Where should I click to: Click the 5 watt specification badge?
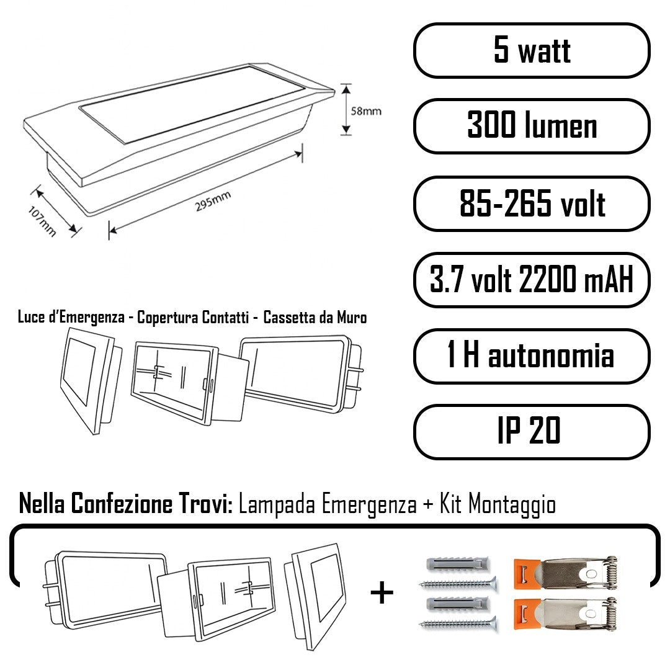pos(532,50)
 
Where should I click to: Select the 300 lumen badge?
pos(532,126)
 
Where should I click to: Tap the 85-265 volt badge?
pos(532,203)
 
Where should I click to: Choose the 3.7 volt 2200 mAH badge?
pos(532,280)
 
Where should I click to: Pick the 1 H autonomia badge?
pos(532,356)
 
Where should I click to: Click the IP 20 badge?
pos(532,432)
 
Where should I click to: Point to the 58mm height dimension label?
pos(366,111)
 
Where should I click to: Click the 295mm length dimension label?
pos(213,201)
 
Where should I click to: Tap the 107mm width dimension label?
pos(42,221)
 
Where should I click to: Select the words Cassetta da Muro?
pos(315,318)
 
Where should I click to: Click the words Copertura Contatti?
pos(193,318)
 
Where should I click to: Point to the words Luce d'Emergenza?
pos(71,318)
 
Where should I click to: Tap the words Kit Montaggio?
pos(498,504)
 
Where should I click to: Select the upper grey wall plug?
pos(457,564)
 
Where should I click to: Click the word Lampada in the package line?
pos(277,504)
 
